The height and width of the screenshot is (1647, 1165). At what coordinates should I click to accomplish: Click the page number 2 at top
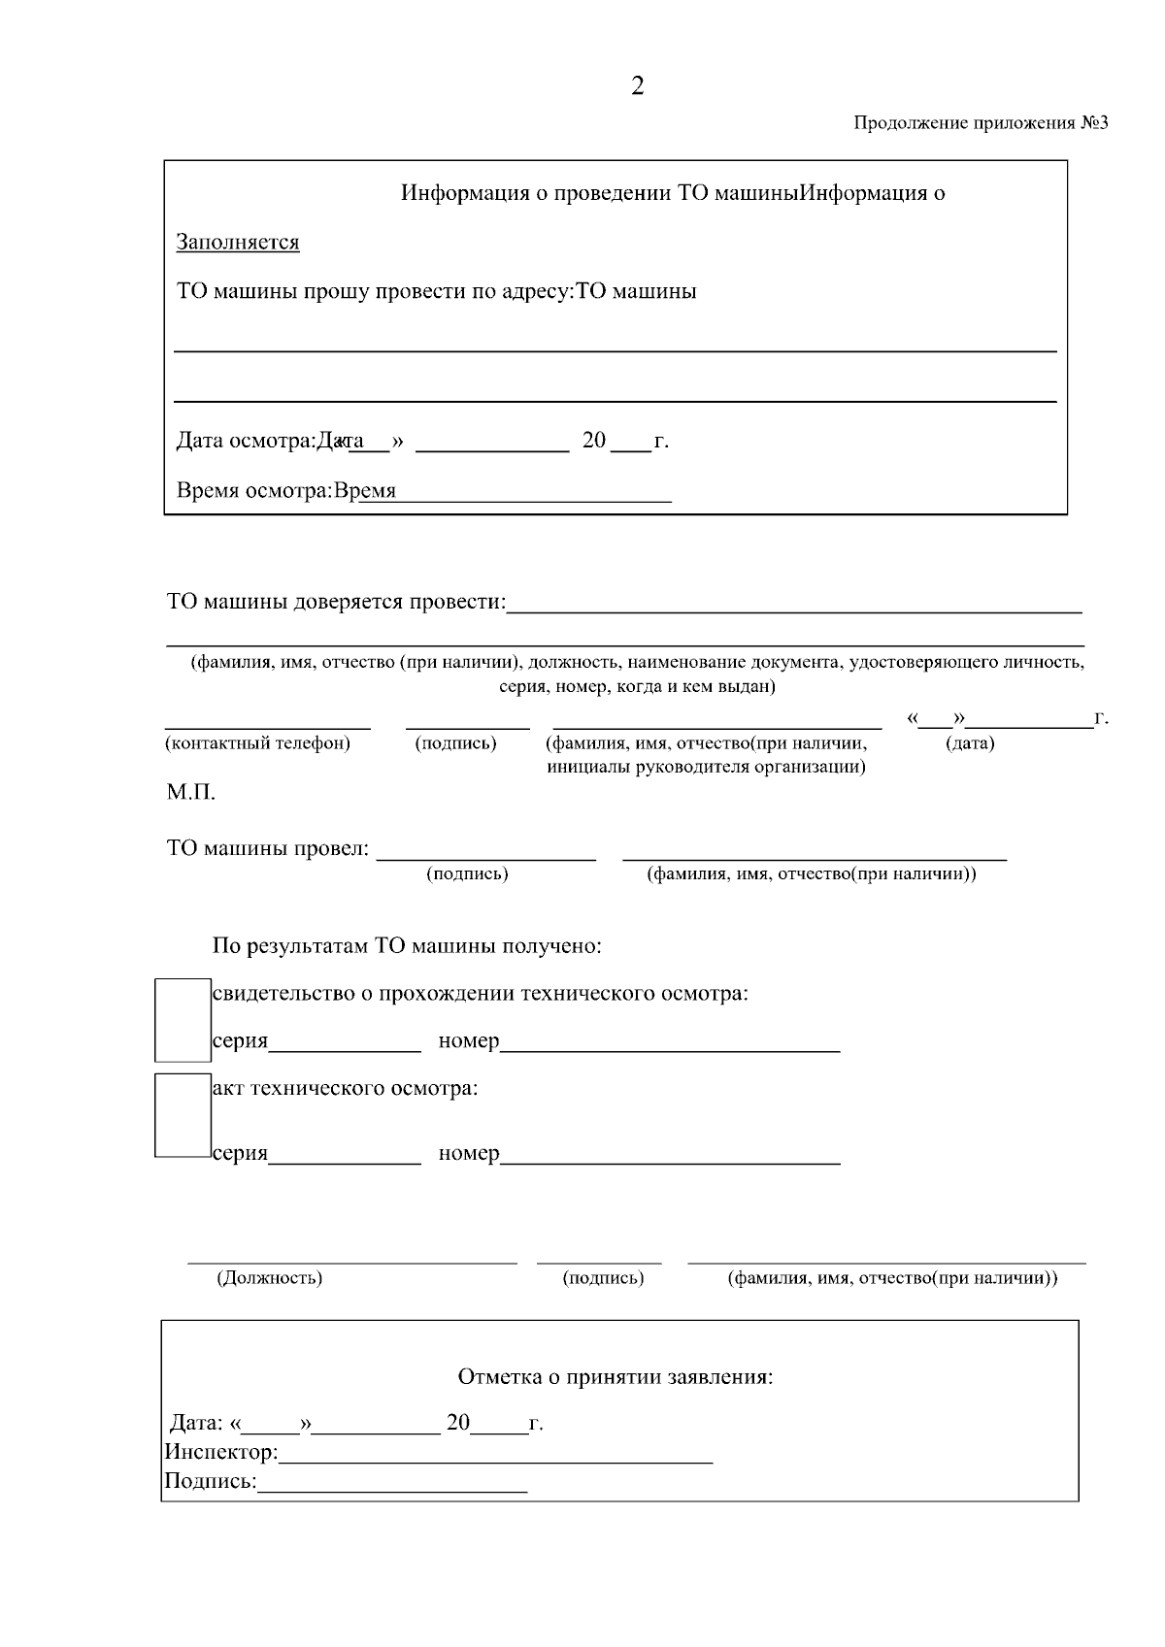[637, 87]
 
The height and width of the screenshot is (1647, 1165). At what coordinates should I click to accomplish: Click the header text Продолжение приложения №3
[980, 123]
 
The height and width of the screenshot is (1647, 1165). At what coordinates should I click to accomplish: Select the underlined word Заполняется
[238, 243]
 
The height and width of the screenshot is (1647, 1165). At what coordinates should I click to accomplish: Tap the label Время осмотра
[253, 491]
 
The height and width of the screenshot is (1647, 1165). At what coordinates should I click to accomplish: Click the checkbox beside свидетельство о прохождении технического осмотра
[183, 1020]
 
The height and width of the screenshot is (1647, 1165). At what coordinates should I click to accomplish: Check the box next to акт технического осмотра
[183, 1115]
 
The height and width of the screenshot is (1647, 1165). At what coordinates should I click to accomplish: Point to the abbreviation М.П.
[190, 793]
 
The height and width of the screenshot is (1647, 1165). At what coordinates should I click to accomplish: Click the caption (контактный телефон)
[257, 744]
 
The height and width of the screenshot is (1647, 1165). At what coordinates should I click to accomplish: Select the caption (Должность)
[269, 1278]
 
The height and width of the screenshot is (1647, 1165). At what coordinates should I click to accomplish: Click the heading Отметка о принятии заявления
[615, 1377]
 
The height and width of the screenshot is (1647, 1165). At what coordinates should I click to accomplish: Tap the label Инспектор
[220, 1453]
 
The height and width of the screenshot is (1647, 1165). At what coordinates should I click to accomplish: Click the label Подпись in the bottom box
[210, 1482]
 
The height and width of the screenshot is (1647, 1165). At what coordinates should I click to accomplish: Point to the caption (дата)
[970, 744]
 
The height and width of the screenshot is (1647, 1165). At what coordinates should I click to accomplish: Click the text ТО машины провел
[268, 849]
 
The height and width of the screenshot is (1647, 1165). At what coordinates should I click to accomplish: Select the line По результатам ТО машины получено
[407, 946]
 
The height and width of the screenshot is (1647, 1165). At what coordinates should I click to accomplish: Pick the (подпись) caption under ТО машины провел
[467, 874]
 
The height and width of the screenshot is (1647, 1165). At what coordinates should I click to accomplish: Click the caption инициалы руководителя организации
[706, 767]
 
